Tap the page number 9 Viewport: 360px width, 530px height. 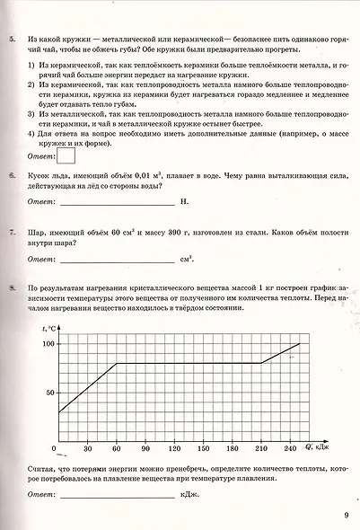coord(346,515)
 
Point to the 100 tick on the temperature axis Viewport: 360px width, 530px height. coord(48,344)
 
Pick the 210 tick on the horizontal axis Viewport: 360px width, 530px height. coord(261,448)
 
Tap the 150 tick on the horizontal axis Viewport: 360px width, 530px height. coord(204,448)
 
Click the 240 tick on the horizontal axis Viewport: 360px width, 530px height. coord(289,448)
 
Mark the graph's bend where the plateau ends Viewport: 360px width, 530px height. coord(261,363)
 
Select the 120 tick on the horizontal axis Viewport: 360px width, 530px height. coord(175,448)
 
